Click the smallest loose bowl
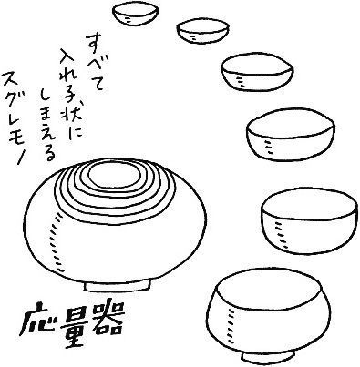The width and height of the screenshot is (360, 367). (x=136, y=15)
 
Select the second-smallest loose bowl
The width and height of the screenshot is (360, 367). (x=203, y=31)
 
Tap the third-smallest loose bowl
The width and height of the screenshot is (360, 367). (x=258, y=72)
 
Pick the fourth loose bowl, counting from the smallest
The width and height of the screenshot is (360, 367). (x=291, y=135)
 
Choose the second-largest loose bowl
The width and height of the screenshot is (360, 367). (x=309, y=221)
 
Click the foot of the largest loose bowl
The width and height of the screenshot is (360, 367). (x=268, y=358)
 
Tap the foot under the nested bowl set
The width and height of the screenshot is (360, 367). (x=118, y=286)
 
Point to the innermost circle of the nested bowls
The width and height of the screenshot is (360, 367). (x=115, y=176)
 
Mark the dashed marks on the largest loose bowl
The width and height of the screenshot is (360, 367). (x=231, y=325)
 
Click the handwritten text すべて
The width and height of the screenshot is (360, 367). (x=96, y=62)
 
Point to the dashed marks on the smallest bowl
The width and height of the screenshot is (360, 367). (x=128, y=19)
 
